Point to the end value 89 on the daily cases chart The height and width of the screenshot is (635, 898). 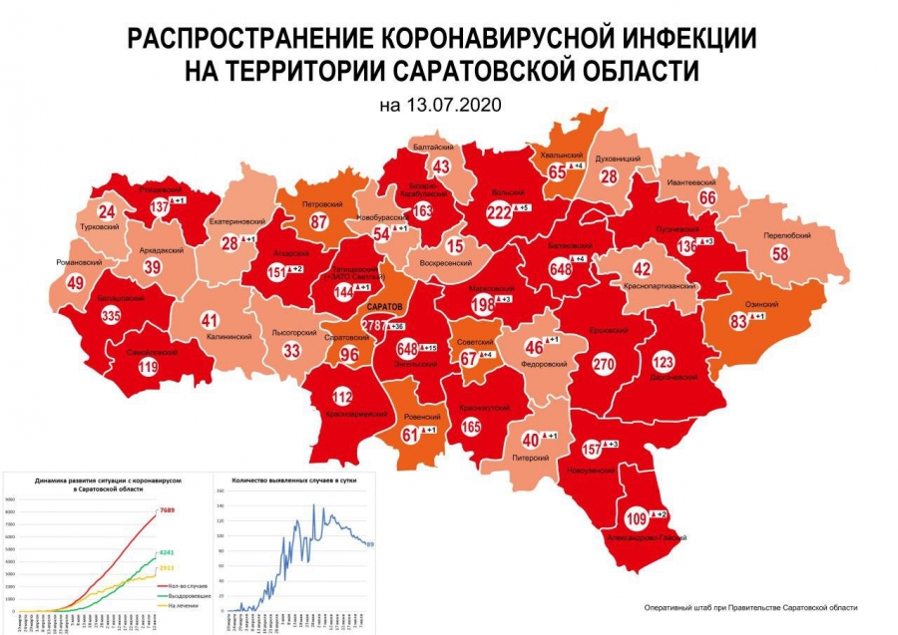(x=369, y=543)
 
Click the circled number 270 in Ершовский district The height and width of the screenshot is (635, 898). (x=604, y=365)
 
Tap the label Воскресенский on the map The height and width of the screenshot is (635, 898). (x=444, y=263)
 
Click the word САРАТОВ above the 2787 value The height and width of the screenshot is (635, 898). (x=383, y=308)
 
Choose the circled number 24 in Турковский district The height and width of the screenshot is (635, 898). (x=107, y=211)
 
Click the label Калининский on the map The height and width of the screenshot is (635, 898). (x=227, y=337)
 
